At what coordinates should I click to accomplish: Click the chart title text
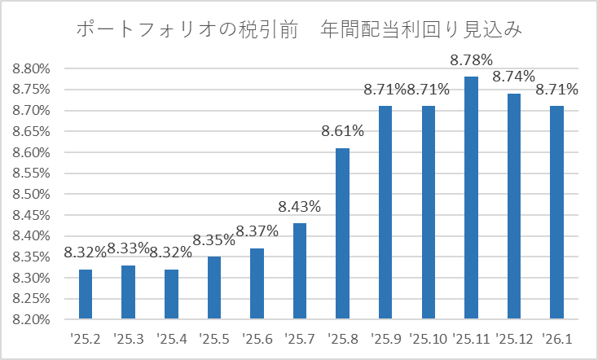click(x=299, y=30)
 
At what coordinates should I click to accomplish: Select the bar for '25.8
click(x=342, y=234)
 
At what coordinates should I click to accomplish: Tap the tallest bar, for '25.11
click(x=471, y=198)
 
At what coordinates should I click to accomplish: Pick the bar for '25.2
click(x=86, y=294)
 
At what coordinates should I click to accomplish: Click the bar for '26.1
click(x=556, y=212)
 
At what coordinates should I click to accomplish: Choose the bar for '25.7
click(x=300, y=270)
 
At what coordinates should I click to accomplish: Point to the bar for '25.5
click(x=214, y=288)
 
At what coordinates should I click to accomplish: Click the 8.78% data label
click(x=471, y=60)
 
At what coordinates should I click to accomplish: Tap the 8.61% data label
click(x=342, y=131)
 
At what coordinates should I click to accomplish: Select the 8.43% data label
click(x=299, y=206)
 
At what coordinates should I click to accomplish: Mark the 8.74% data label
click(x=513, y=77)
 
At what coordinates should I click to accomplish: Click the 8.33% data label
click(x=128, y=248)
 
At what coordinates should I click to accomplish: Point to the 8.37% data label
click(x=257, y=231)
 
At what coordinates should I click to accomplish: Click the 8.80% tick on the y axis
click(x=31, y=69)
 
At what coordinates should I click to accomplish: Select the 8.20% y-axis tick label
click(x=31, y=319)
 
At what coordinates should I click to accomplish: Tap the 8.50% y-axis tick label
click(x=31, y=194)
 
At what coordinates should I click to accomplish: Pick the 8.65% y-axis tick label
click(x=31, y=132)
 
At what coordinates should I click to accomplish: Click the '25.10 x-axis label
click(x=429, y=339)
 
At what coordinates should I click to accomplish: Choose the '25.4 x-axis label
click(x=172, y=339)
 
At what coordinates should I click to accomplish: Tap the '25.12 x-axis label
click(x=514, y=339)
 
